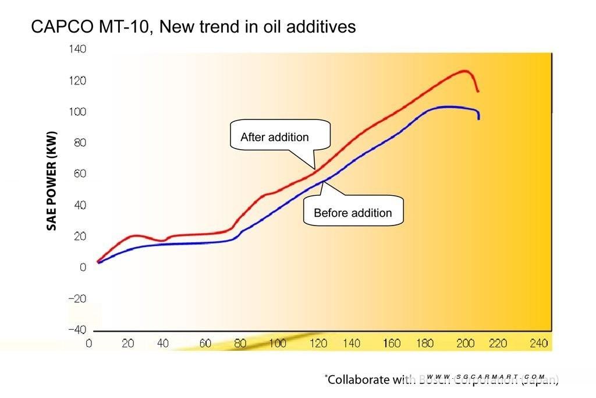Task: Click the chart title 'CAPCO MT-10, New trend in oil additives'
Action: [193, 27]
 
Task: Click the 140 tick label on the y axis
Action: [78, 49]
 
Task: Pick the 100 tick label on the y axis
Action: [78, 112]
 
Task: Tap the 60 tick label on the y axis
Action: [80, 174]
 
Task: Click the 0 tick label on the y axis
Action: [83, 267]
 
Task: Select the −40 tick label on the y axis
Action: [77, 330]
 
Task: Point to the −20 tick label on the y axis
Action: [77, 299]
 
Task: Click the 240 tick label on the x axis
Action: [538, 343]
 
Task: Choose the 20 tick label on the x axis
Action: [127, 343]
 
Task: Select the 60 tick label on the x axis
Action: [205, 343]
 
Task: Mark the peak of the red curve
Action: [464, 71]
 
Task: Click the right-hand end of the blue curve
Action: [479, 118]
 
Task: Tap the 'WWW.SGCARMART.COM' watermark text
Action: [485, 377]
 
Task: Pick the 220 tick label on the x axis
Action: [498, 343]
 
